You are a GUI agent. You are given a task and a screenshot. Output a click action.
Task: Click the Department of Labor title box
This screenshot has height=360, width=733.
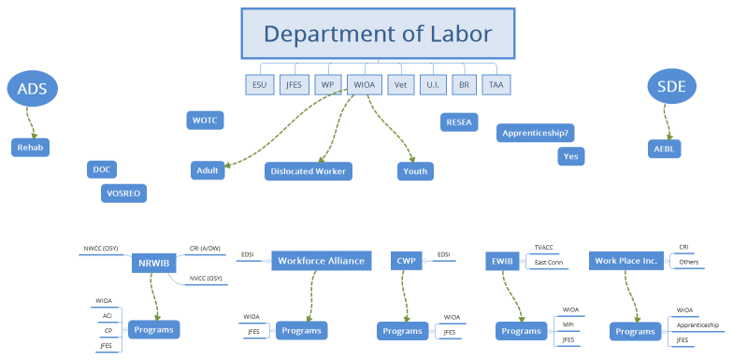[377, 35]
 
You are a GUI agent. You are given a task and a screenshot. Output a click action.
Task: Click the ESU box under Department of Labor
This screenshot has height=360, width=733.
[260, 85]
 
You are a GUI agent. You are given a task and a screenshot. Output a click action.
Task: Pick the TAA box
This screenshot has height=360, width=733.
[496, 85]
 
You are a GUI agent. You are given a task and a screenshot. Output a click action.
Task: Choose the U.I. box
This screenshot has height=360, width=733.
[433, 85]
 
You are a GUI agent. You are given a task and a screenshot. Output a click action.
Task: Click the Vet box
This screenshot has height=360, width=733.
[401, 85]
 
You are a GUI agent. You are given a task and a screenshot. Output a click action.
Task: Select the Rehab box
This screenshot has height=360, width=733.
[31, 148]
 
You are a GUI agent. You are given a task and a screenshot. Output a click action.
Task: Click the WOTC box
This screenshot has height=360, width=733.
[205, 121]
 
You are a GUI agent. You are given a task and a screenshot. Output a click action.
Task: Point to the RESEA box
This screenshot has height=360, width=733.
[459, 122]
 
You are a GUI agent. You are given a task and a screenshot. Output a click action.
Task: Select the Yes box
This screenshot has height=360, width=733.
[571, 156]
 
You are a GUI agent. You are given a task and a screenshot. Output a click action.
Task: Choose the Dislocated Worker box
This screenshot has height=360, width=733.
[308, 171]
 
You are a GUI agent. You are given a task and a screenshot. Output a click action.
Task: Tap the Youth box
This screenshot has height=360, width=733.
[414, 171]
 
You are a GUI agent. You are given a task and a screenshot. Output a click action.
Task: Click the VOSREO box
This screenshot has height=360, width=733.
[123, 193]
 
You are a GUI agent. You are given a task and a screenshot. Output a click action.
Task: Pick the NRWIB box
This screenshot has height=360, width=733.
[153, 263]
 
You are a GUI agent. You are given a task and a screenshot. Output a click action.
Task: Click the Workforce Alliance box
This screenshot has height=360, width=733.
[322, 260]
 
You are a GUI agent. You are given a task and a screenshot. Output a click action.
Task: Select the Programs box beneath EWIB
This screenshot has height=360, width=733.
[521, 331]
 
